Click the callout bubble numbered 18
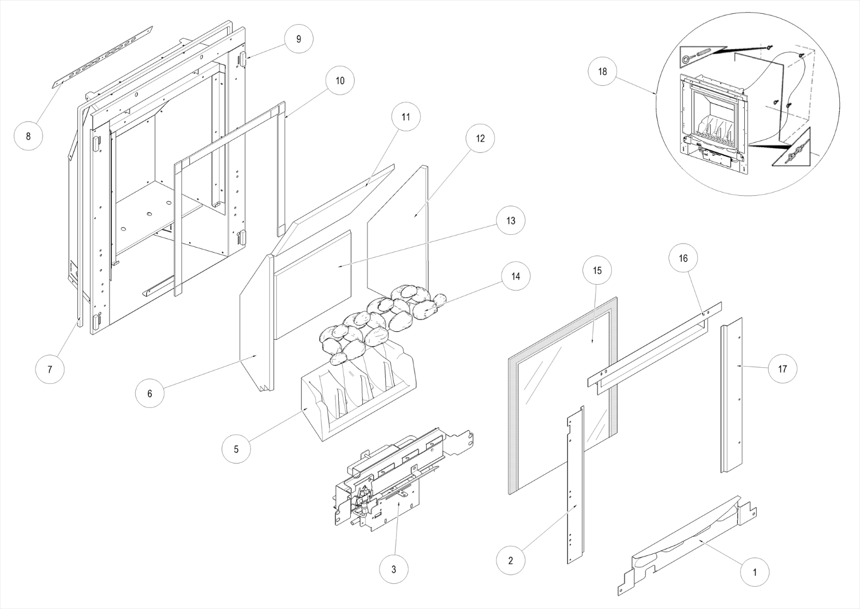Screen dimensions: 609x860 coord(602,72)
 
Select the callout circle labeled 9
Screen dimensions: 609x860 coord(298,39)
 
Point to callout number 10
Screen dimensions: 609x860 coord(340,81)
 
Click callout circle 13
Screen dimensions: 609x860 coord(510,221)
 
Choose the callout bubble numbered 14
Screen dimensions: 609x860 coord(515,276)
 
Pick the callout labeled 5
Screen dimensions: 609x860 coord(236,449)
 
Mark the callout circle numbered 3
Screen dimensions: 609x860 coord(393,569)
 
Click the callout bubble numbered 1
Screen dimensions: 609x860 coord(755,572)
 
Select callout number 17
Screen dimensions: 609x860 coord(783,369)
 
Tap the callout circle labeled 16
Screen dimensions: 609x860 coord(683,258)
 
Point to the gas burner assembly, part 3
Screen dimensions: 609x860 coord(396,476)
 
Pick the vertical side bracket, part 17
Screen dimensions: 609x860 coord(732,395)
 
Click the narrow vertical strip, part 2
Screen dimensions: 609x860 coord(576,487)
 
